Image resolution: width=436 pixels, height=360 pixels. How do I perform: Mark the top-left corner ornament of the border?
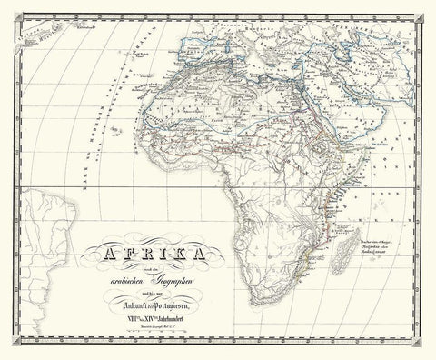pyautogui.click(x=10, y=10)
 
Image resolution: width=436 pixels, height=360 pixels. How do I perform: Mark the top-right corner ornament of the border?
pyautogui.click(x=426, y=10)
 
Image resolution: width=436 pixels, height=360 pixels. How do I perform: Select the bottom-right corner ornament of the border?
pyautogui.click(x=426, y=350)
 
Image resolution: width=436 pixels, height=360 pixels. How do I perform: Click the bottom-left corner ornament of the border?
pyautogui.click(x=10, y=350)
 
